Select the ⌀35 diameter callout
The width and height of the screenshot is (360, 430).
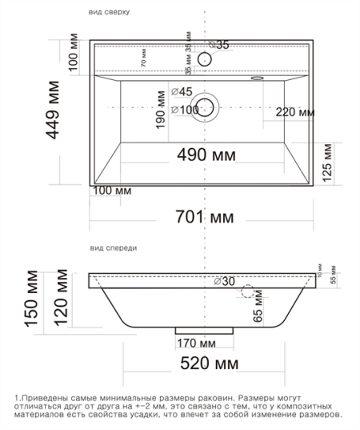[218, 45]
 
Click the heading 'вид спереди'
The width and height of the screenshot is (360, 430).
[112, 248]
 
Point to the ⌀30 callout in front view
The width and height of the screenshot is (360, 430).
[226, 281]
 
